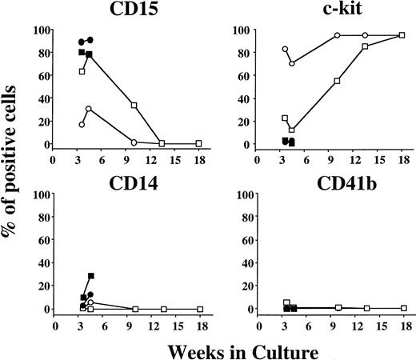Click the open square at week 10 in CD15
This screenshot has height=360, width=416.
coord(134,106)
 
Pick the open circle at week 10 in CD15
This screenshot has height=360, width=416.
coord(134,142)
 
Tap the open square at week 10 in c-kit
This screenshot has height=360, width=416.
coord(338,81)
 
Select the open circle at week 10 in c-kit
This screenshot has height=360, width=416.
coord(338,35)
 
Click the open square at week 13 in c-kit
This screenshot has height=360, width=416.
coord(365,46)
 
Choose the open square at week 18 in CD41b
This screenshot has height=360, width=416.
coord(404,308)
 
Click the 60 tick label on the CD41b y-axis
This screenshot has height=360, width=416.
coord(243,240)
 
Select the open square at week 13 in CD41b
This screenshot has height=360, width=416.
coord(367,308)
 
